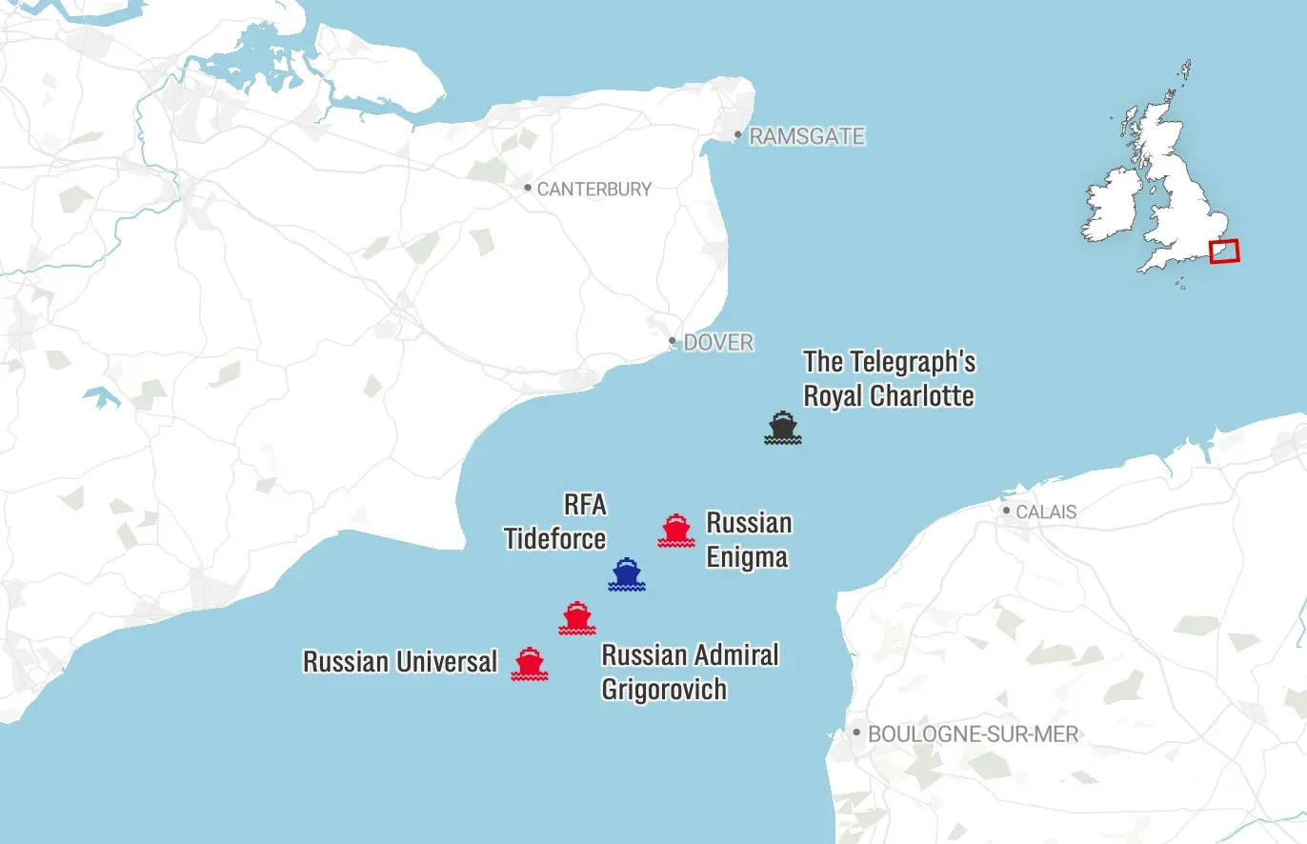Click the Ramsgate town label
point(807,137)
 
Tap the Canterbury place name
point(594,190)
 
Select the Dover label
point(718,343)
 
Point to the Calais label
point(1046,512)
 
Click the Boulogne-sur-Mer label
point(973,734)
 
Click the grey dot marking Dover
point(673,341)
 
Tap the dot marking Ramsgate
point(737,135)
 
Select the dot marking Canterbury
point(528,188)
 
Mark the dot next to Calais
point(1006,511)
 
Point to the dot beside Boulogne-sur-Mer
point(856,733)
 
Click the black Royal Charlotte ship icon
point(783,428)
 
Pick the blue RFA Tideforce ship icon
point(627,574)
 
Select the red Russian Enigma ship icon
point(676,530)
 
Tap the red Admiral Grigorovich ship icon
point(577,618)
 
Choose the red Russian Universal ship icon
point(530,663)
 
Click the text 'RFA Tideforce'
point(555,521)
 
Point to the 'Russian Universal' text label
point(400,661)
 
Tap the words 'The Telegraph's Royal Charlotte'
point(889,378)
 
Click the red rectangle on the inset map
point(1224,251)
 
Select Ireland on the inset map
point(1112,206)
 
